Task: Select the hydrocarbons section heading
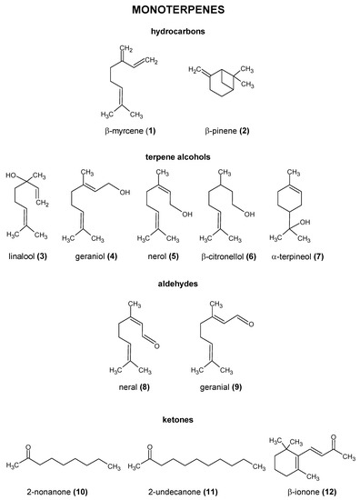coord(180,32)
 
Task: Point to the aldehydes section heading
coord(180,285)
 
